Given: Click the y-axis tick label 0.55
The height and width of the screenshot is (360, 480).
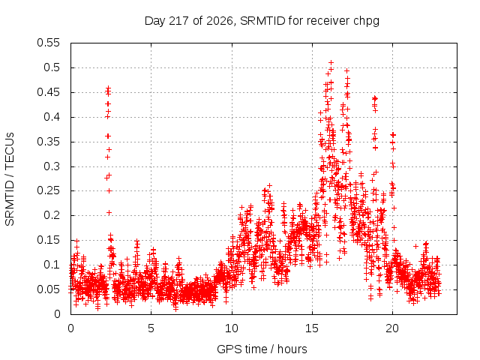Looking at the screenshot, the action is point(48,43).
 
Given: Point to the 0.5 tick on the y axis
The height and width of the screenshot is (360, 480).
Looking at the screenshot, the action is point(52,67).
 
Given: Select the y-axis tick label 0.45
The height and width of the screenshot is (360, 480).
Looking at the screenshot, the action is point(48,92).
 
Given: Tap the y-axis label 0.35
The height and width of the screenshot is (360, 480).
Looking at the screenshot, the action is point(48,142).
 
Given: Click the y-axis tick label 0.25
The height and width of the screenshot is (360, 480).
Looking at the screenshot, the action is point(48,191).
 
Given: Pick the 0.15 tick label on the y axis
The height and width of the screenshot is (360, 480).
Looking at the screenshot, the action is point(48,240).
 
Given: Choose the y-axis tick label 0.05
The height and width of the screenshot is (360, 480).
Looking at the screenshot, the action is point(48,289).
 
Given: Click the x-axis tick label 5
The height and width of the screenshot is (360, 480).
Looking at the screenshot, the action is point(151,328).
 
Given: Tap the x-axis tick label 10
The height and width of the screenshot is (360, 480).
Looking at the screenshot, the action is point(232,328).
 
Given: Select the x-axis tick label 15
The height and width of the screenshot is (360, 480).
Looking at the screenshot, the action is point(312,328).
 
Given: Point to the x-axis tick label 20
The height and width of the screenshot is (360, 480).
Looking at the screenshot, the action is point(392,328).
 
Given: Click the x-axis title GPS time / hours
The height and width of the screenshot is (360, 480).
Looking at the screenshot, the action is point(262,349).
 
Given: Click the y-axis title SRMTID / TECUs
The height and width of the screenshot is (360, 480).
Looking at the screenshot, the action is point(10,179).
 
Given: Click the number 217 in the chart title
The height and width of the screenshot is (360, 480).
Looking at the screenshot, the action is point(180,21).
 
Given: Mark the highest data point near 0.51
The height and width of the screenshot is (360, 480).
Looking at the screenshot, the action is point(331,63).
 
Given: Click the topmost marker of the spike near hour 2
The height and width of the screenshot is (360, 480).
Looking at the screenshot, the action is point(108,88).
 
